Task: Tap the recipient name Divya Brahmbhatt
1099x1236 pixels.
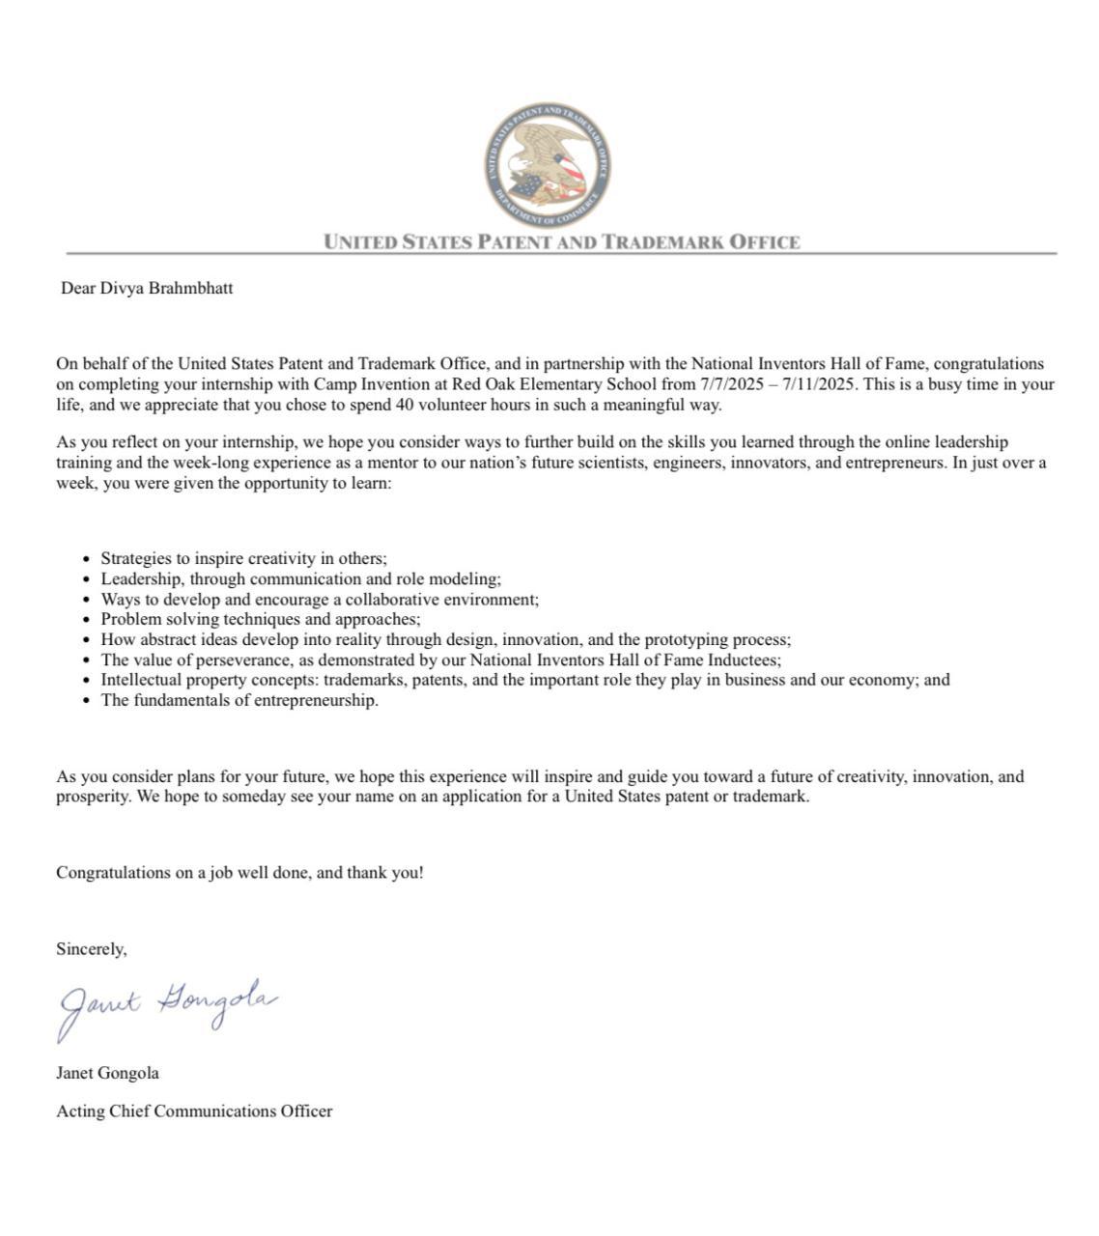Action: coord(166,288)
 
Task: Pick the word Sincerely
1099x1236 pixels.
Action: coord(91,949)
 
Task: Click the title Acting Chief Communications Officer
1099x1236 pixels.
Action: coord(194,1110)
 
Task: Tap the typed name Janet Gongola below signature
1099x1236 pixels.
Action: coord(107,1073)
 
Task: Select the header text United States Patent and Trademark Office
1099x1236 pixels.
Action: coord(562,241)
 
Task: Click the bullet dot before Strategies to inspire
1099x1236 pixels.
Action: coord(89,559)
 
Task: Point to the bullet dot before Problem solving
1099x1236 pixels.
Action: coord(89,620)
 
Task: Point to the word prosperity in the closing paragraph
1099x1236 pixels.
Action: coord(94,797)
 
